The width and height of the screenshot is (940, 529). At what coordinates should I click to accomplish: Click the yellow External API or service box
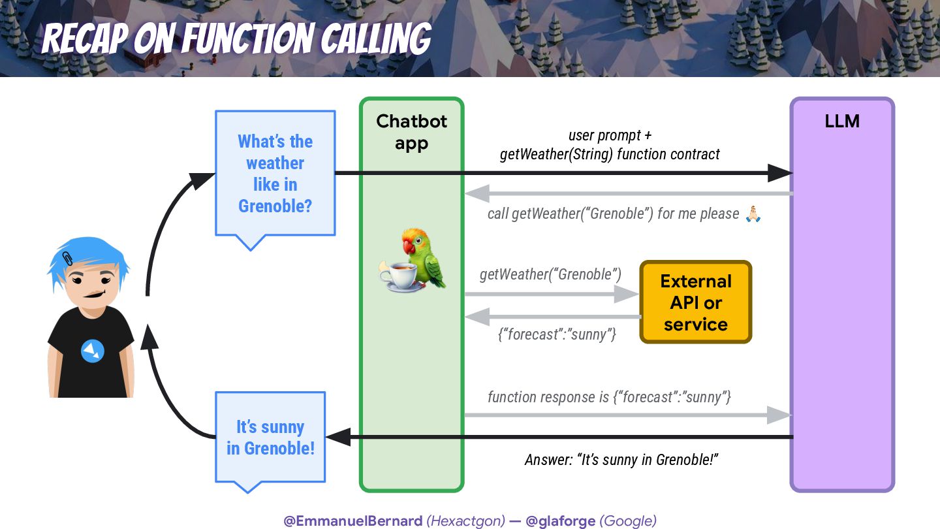coord(695,302)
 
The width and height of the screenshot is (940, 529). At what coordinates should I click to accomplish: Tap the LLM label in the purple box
coord(842,121)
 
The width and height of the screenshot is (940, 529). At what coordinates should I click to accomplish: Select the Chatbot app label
coord(412,131)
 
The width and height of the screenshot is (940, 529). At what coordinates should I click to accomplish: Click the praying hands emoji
coord(753,214)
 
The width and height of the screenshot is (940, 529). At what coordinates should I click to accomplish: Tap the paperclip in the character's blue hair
coord(68,257)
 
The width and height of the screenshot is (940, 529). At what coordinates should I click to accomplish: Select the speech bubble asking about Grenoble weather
coord(275,174)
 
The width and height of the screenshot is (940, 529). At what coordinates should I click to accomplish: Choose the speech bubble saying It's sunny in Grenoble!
coord(270,437)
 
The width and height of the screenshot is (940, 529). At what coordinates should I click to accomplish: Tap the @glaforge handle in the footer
coord(560,521)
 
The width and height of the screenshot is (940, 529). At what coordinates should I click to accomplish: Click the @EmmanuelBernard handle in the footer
coord(352,521)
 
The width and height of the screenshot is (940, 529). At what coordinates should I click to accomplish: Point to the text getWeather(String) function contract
coord(610,154)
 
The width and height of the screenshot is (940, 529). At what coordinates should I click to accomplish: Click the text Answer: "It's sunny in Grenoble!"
coord(621,459)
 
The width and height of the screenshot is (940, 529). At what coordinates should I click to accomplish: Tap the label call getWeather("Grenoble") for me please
coord(613,214)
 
